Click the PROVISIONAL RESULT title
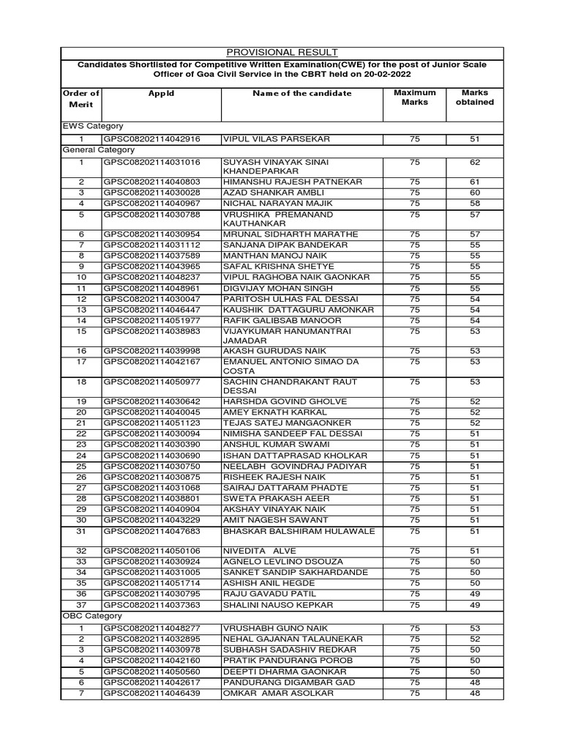pos(281,52)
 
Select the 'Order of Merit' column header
pos(81,99)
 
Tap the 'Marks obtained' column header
pos(474,97)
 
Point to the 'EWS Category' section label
pos(92,126)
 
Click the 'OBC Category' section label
pos(92,616)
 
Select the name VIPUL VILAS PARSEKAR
pos(266,138)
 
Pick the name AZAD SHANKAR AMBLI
pos(263,192)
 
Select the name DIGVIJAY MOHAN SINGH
pos(270,289)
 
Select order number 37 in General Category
pos(81,605)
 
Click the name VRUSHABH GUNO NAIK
pos(265,628)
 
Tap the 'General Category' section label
pos(98,149)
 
